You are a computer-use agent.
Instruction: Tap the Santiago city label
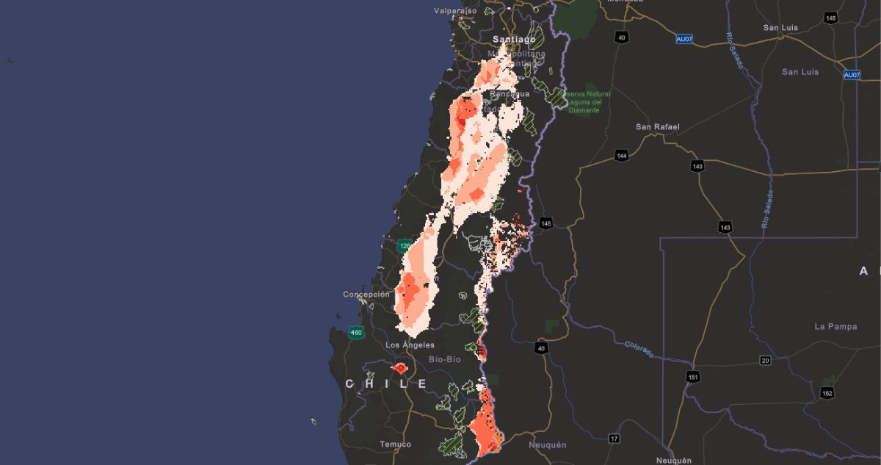pyautogui.click(x=514, y=39)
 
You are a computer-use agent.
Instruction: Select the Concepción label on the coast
pyautogui.click(x=366, y=294)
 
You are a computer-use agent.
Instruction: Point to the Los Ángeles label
pyautogui.click(x=410, y=345)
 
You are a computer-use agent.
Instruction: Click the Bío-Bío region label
pyautogui.click(x=445, y=359)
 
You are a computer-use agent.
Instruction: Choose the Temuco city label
pyautogui.click(x=396, y=444)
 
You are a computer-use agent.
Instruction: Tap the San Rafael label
pyautogui.click(x=657, y=126)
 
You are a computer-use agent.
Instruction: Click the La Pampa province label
pyautogui.click(x=835, y=326)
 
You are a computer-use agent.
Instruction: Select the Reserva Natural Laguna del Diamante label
pyautogui.click(x=587, y=101)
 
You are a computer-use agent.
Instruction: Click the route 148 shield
pyautogui.click(x=830, y=18)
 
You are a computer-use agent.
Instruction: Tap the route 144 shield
pyautogui.click(x=622, y=155)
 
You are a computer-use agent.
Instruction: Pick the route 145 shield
pyautogui.click(x=545, y=223)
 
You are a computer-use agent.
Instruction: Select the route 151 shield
pyautogui.click(x=693, y=377)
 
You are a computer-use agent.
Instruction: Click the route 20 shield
pyautogui.click(x=766, y=360)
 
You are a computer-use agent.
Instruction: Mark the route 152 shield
pyautogui.click(x=827, y=393)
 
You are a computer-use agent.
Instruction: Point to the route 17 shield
pyautogui.click(x=614, y=439)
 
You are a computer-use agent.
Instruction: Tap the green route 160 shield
pyautogui.click(x=356, y=333)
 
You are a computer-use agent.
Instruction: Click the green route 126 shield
pyautogui.click(x=404, y=246)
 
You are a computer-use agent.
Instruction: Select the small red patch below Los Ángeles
pyautogui.click(x=400, y=368)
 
